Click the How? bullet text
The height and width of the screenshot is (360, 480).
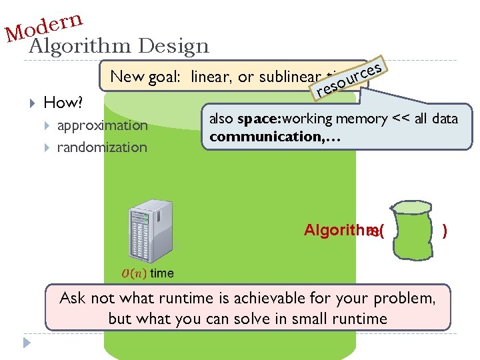[x=63, y=103]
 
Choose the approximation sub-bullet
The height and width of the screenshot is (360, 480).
[x=102, y=125]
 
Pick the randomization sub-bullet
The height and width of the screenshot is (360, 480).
[x=102, y=147]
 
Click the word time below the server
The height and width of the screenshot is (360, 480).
[x=162, y=273]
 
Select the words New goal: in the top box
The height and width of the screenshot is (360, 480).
[x=147, y=77]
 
